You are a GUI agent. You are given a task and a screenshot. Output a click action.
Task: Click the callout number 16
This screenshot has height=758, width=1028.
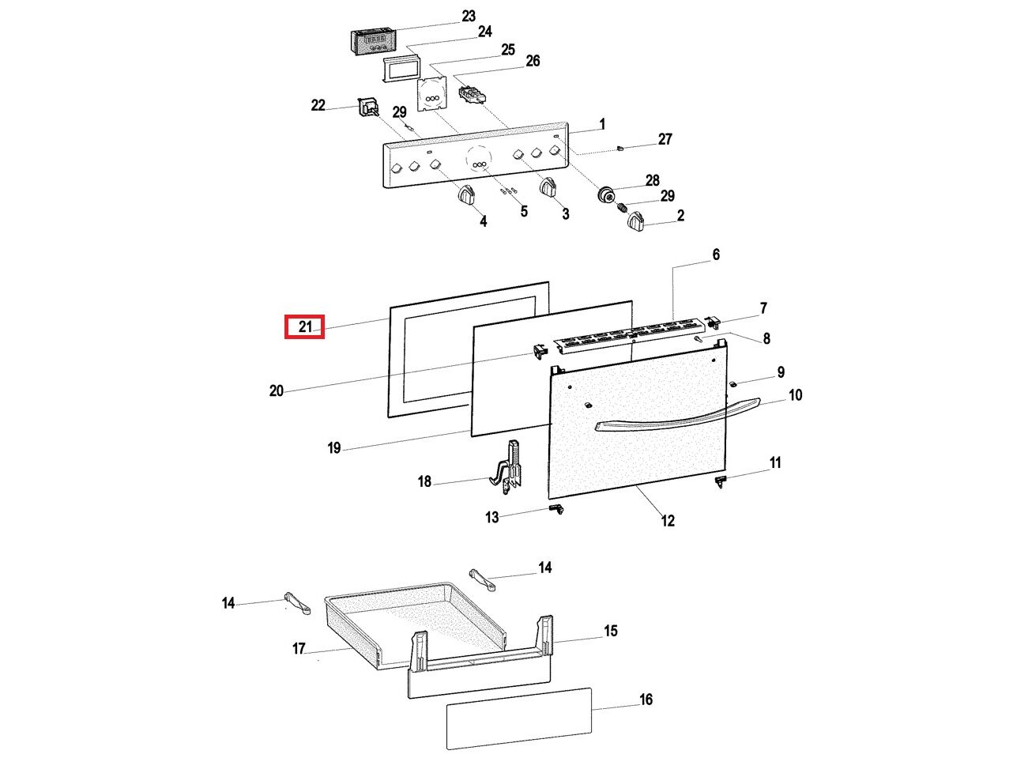point(646,700)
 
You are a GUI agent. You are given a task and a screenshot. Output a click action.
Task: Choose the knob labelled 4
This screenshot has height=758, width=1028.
point(466,195)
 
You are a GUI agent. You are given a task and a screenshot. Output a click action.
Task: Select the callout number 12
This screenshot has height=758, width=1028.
point(668,521)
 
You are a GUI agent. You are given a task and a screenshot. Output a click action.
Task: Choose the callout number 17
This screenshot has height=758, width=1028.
point(298,649)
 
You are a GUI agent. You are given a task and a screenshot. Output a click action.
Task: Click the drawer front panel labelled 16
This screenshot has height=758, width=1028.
point(518,718)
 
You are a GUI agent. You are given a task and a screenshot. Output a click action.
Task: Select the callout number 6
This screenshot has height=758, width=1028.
point(716,255)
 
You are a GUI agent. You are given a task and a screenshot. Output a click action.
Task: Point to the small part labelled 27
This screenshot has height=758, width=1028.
point(621,148)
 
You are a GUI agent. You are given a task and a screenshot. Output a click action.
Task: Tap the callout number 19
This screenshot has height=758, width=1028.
point(333,448)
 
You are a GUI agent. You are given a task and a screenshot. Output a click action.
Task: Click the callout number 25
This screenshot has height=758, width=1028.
point(507,50)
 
